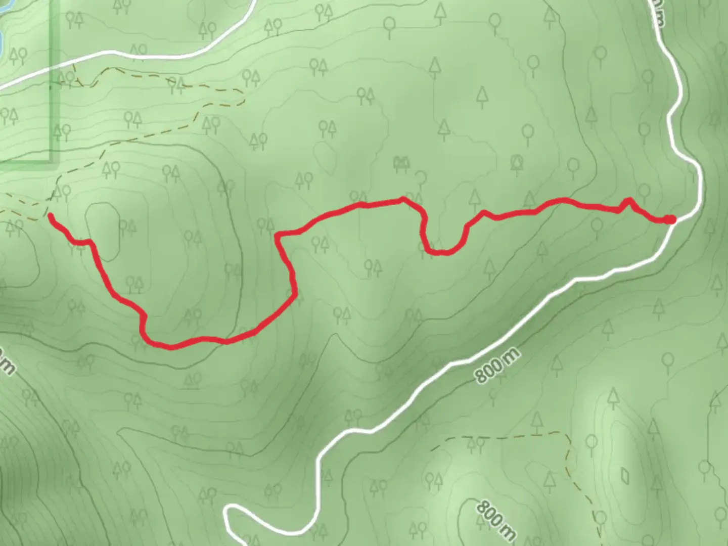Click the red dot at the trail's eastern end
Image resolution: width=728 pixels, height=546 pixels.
coord(669,219)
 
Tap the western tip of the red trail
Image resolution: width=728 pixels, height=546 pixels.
coord(51,216)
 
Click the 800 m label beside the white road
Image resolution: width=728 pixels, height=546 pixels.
coord(497,365)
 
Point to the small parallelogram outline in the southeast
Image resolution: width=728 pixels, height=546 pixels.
coord(625,476)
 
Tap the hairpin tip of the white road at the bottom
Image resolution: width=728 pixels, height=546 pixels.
coord(227,514)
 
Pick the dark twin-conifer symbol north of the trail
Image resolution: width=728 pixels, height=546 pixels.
coord(401,163)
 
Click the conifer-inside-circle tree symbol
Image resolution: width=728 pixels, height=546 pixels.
coord(517,162)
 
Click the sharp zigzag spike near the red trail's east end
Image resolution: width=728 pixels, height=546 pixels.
coord(628,200)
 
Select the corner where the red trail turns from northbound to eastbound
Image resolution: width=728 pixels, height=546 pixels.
coord(277,235)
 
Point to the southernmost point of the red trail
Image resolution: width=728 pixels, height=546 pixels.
coord(171,347)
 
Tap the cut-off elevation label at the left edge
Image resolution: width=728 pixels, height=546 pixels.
coord(6,362)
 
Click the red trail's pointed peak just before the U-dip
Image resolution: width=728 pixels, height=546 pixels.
coord(403,199)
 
